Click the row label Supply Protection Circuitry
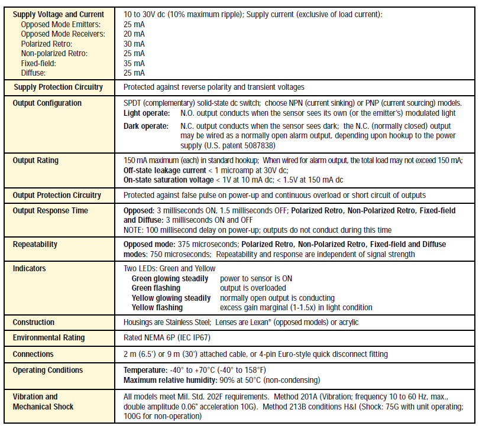(58, 87)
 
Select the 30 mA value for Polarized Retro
(134, 44)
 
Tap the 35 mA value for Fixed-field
(134, 63)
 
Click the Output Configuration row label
(47, 103)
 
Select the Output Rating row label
(35, 160)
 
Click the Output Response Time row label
(50, 210)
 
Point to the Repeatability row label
(37, 243)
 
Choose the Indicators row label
(30, 268)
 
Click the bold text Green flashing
(157, 288)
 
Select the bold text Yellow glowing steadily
(171, 298)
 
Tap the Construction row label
(34, 322)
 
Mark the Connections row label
(33, 354)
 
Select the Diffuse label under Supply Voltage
(33, 73)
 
